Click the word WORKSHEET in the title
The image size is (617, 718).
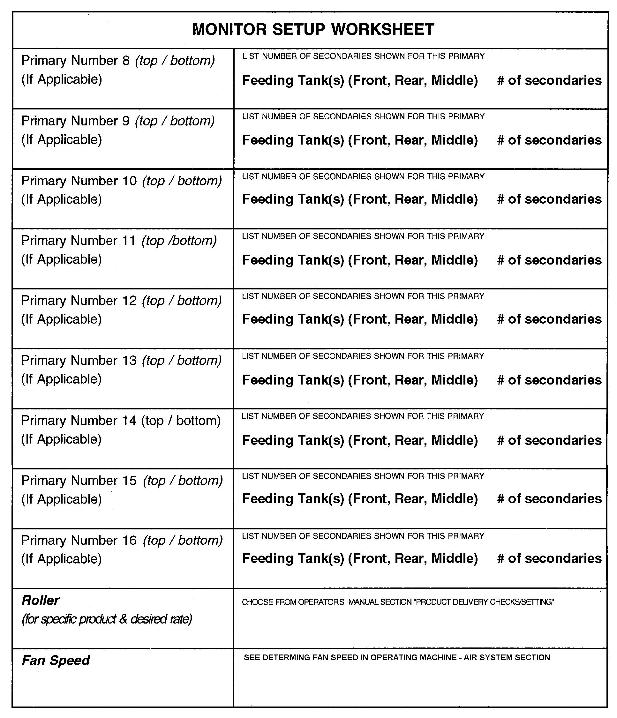coord(383,29)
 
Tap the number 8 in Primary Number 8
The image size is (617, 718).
coord(126,61)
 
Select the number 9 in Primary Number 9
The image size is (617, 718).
coord(126,121)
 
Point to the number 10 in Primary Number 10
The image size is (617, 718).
coord(129,181)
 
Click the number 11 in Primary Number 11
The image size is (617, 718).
coord(129,241)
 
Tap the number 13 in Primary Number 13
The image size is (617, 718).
coord(129,361)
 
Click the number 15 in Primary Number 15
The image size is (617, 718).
coord(129,481)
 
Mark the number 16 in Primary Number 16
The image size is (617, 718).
coord(129,541)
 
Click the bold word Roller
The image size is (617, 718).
coord(40,601)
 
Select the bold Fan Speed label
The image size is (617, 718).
coord(56,661)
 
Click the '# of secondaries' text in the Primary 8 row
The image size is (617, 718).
coord(549,80)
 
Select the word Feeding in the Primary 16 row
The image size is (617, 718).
coord(267,558)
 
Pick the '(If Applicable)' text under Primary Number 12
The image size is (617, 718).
coord(61,319)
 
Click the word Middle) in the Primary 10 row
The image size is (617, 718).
coord(455,199)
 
